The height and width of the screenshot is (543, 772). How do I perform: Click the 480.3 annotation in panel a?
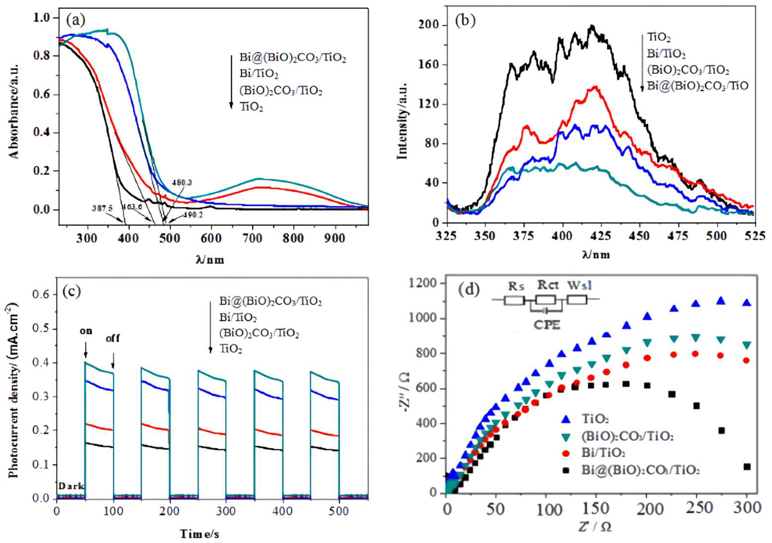[x=182, y=183]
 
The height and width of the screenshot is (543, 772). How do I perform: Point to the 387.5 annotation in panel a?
[x=102, y=209]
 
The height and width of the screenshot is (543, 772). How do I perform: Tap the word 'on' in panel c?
[x=86, y=331]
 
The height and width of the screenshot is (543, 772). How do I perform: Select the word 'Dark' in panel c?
[x=71, y=486]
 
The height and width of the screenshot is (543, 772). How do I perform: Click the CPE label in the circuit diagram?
[x=547, y=326]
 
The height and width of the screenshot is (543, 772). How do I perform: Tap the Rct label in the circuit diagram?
[x=548, y=285]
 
